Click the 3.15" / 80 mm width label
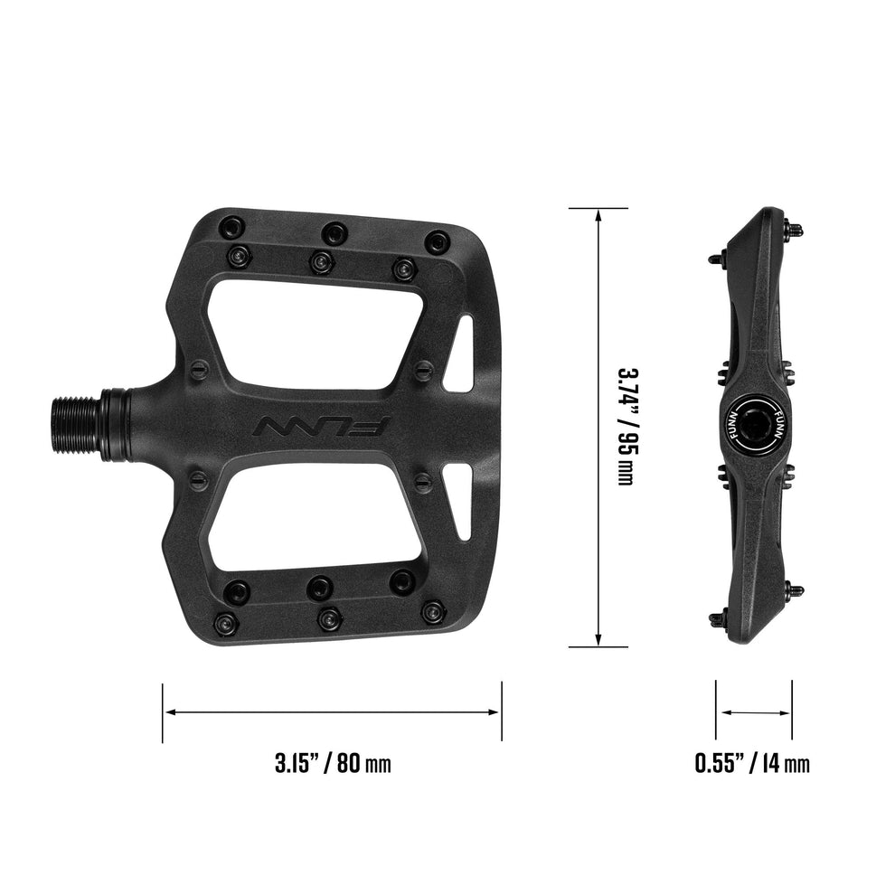tap(332, 762)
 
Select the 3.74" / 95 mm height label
tap(625, 425)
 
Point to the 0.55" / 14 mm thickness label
tap(752, 762)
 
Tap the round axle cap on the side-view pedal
tap(755, 425)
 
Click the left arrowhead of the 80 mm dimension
tap(169, 712)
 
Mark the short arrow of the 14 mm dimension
tap(754, 712)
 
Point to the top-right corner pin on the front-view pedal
tap(438, 241)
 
